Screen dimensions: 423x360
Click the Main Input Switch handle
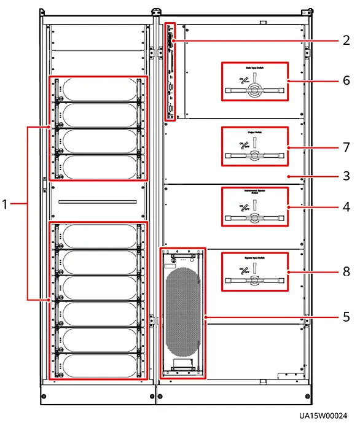[253, 90]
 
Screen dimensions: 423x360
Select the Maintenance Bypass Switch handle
[253, 217]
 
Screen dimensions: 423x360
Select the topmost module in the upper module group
[98, 90]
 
